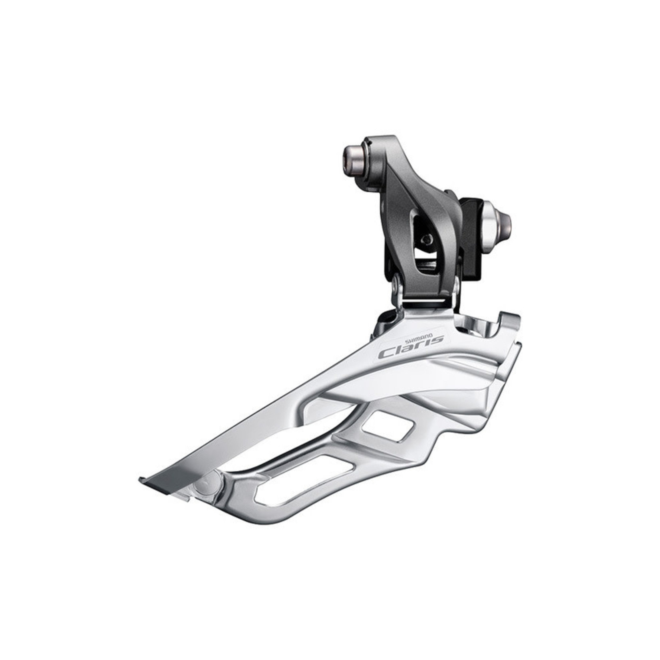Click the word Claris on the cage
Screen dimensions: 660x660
tap(411, 344)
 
